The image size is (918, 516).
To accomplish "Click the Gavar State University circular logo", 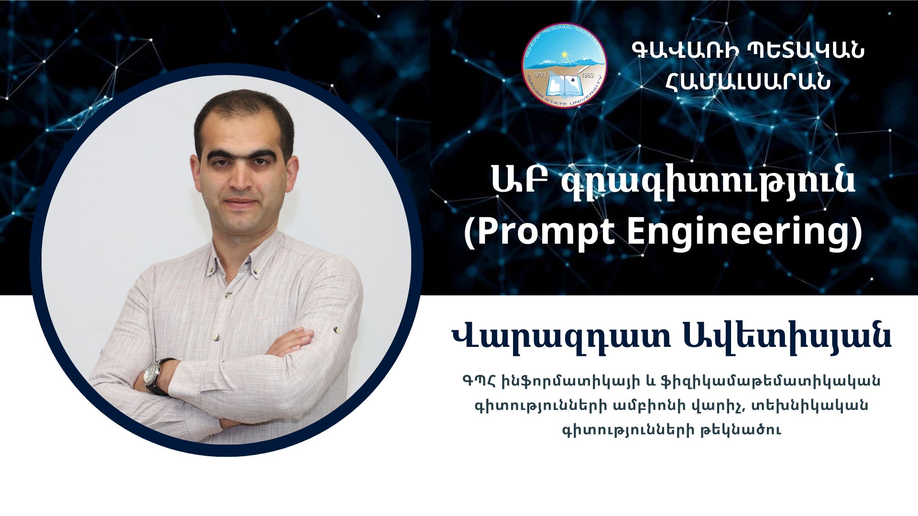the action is click(x=564, y=65).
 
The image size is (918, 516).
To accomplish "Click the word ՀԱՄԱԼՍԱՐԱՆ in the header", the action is click(x=748, y=81).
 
